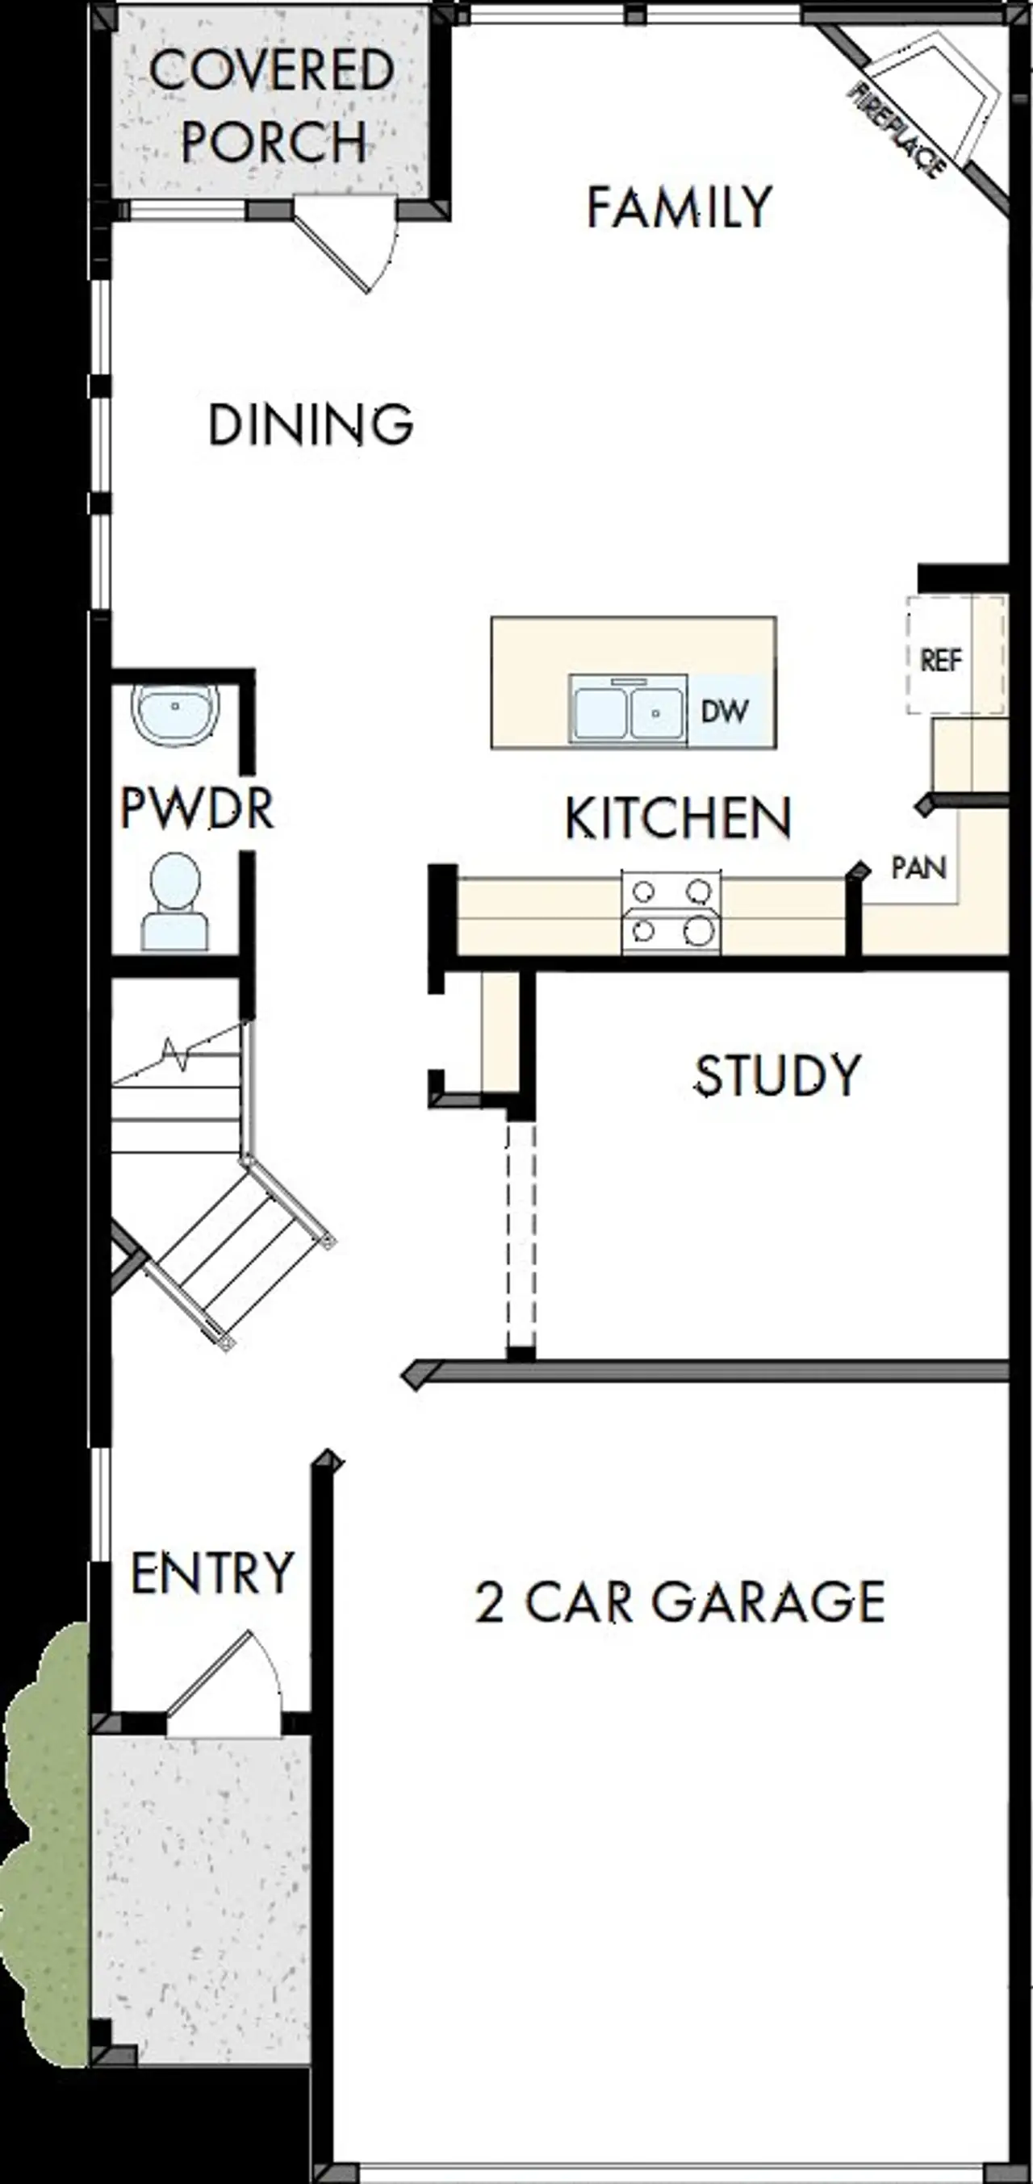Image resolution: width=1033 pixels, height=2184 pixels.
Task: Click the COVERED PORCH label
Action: point(272,106)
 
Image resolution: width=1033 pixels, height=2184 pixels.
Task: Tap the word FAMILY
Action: point(680,207)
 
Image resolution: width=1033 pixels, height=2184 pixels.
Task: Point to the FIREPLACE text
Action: point(897,130)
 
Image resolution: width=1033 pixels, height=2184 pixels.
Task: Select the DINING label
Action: point(311,424)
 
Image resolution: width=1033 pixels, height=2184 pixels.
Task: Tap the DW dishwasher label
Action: point(724,712)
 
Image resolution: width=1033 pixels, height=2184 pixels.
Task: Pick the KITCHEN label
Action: point(678,818)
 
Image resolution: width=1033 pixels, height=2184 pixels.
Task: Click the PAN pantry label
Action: point(918,867)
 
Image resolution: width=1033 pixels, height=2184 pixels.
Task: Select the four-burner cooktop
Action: point(671,912)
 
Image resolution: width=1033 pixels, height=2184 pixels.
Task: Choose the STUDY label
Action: point(778,1075)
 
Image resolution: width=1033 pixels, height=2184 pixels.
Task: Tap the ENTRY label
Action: point(212,1572)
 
